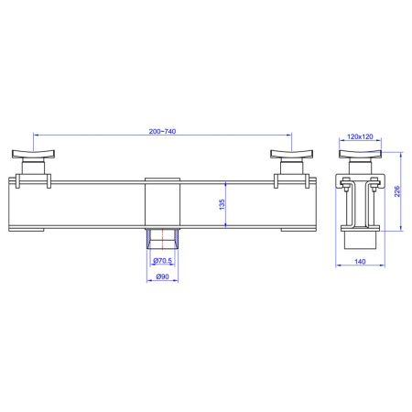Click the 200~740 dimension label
coord(162,131)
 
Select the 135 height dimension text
coord(222,204)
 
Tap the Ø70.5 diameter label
coord(163,261)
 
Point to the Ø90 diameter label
coord(162,276)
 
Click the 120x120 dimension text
coord(360,136)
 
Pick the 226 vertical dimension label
coord(396,191)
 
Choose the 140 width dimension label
coord(360,261)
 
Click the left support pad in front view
coord(33,154)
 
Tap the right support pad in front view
coord(291,154)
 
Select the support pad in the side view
coord(360,154)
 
